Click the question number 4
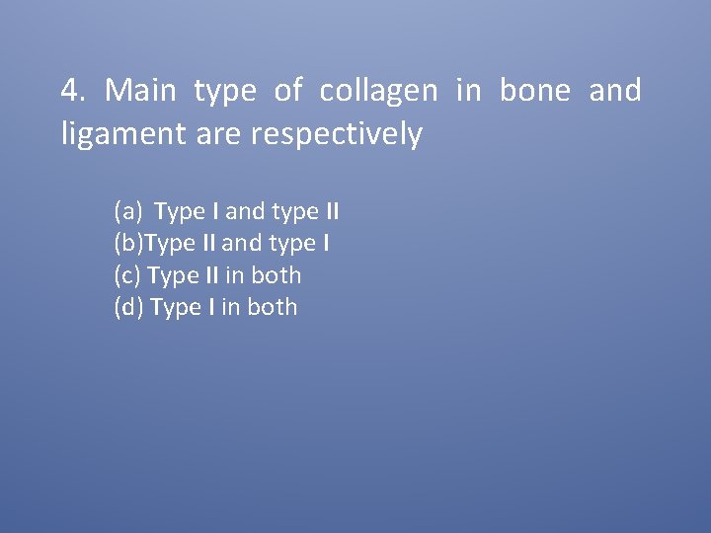pyautogui.click(x=72, y=91)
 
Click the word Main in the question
pyautogui.click(x=140, y=91)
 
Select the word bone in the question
pyautogui.click(x=534, y=91)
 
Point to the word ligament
pyautogui.click(x=117, y=134)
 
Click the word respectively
pyautogui.click(x=337, y=134)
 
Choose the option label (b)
pyautogui.click(x=129, y=243)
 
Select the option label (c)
pyautogui.click(x=127, y=275)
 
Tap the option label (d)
pyautogui.click(x=129, y=307)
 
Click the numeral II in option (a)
pyautogui.click(x=333, y=211)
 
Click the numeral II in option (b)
pyautogui.click(x=208, y=243)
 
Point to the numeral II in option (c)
pyautogui.click(x=209, y=275)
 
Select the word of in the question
pyautogui.click(x=288, y=91)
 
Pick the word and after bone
pyautogui.click(x=614, y=91)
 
